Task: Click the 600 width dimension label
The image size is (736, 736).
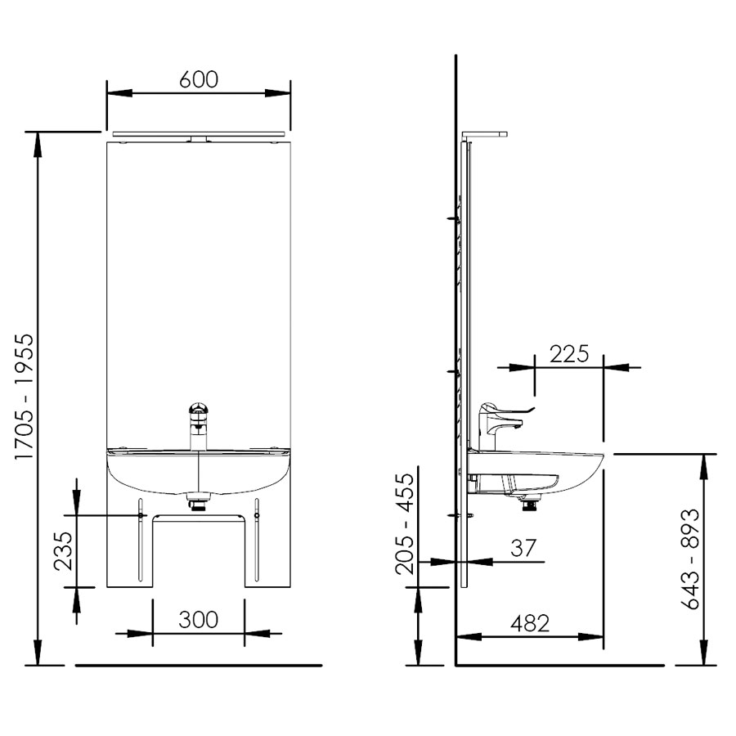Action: tap(199, 79)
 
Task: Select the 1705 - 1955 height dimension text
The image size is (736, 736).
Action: tap(25, 397)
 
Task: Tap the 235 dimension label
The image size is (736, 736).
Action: tap(63, 550)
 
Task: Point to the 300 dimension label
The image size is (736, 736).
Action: tap(198, 620)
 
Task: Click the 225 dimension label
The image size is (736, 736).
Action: tap(569, 354)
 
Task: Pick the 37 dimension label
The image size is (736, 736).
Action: tap(523, 548)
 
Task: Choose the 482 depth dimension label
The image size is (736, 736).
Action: tap(530, 624)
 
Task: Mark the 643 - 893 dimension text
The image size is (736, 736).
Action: tap(689, 559)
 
